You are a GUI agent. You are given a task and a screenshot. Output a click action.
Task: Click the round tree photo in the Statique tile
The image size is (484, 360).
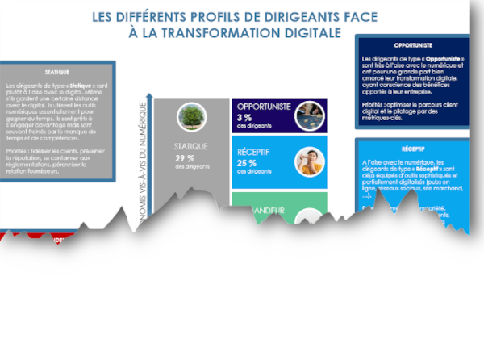point(190,116)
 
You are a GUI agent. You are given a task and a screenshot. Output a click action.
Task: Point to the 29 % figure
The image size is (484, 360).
point(185,157)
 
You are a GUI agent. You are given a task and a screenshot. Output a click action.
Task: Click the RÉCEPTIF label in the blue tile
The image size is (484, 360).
point(254,151)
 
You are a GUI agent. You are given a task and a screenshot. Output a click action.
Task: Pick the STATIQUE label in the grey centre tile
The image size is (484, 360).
point(191,146)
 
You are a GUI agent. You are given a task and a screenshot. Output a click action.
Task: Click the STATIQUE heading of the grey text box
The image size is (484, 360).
point(57,72)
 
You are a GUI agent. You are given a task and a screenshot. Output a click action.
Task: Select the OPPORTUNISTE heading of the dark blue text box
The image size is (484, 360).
point(413,46)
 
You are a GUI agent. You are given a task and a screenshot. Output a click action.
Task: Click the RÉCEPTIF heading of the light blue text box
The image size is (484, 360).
point(413,149)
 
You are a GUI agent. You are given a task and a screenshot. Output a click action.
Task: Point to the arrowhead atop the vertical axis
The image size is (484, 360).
point(148,95)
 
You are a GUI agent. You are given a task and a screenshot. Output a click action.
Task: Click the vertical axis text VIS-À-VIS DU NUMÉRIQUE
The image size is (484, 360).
point(144,157)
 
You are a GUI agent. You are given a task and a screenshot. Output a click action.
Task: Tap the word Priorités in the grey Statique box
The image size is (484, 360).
point(18,150)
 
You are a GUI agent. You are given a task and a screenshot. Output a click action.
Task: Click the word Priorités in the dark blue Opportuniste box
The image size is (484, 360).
point(374,104)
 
